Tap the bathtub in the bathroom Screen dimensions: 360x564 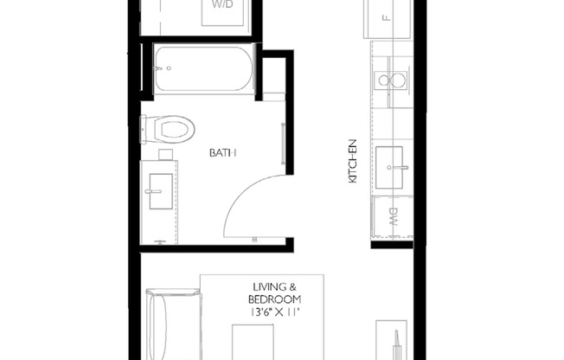[x=203, y=70]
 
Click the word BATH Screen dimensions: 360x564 [x=222, y=153]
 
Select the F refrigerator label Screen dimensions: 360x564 [x=385, y=16]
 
